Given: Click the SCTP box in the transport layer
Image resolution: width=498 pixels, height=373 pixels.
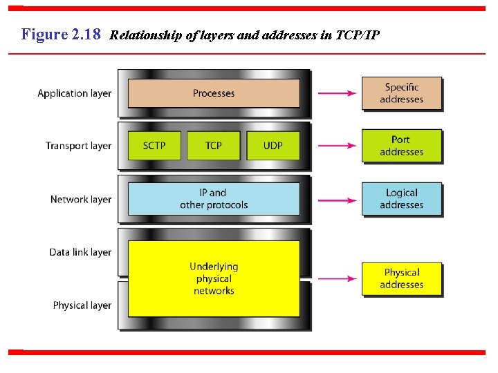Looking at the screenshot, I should (154, 146).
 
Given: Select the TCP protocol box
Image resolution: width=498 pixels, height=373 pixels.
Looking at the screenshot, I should (214, 146).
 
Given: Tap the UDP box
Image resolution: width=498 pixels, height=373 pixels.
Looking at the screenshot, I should (273, 146).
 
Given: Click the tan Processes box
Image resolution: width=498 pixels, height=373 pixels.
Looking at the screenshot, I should (214, 93).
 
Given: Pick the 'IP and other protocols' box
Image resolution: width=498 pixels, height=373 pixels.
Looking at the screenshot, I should (214, 199).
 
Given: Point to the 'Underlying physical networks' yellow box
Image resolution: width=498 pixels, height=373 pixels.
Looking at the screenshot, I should (214, 278).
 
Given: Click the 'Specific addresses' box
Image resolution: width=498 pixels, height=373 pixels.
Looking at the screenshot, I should (401, 93).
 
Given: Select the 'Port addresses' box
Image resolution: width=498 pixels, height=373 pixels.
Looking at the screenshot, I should (401, 146).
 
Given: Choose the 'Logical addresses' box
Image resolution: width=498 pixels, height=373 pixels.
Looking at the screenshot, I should (401, 199).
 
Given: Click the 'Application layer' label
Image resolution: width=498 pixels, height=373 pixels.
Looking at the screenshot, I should (74, 93).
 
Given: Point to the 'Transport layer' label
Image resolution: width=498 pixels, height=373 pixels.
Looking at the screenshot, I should (78, 146).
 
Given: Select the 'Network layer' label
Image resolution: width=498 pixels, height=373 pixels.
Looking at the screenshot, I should (80, 200).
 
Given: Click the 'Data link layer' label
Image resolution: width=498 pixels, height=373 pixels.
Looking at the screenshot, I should (80, 252).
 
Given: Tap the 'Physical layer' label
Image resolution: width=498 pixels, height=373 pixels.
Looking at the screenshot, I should (82, 305).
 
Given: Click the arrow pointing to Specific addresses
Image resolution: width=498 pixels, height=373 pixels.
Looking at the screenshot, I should (337, 93).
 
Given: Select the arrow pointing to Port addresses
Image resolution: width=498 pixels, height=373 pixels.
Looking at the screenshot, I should (337, 146).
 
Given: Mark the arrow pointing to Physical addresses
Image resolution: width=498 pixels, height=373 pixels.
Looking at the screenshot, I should (337, 278).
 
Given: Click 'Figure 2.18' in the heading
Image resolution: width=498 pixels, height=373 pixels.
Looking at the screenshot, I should (61, 34).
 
